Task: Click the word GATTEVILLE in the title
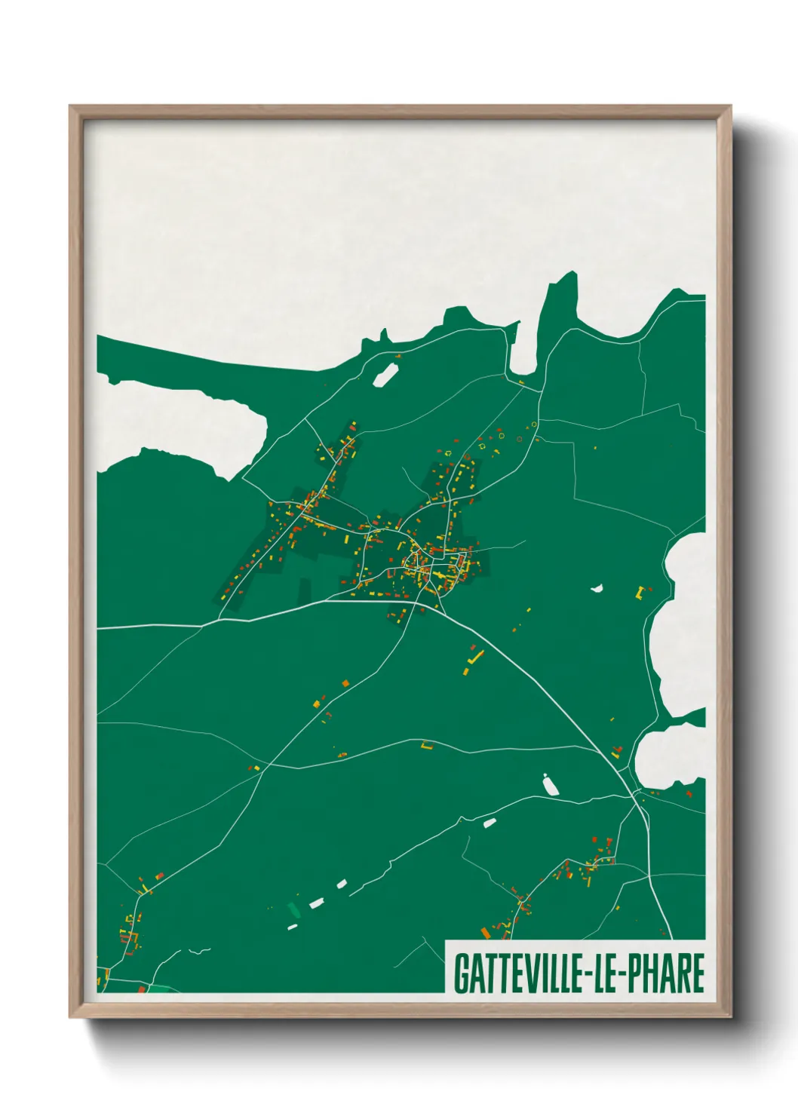tap(517, 973)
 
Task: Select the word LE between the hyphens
tap(606, 973)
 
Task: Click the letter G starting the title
tap(460, 973)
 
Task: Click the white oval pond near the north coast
tap(386, 374)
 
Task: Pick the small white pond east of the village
tap(597, 587)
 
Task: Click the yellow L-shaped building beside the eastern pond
tap(641, 593)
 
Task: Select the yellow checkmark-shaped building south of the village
tap(474, 660)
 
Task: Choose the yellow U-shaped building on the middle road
tap(427, 746)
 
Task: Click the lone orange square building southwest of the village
tap(346, 683)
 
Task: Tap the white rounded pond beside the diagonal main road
tap(550, 785)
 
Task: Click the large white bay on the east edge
tap(683, 626)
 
